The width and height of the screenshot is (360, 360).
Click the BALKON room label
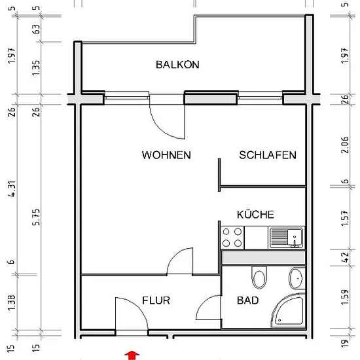(177, 65)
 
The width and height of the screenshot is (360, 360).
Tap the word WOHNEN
(166, 155)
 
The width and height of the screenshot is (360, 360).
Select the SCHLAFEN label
(268, 155)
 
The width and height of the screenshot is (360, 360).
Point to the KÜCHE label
(255, 215)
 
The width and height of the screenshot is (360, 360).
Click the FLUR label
(156, 300)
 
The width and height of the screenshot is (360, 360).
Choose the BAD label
(247, 300)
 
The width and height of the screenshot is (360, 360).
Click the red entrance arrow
(132, 355)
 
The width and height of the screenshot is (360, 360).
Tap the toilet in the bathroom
(259, 278)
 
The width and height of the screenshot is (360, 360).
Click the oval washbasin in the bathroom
(297, 278)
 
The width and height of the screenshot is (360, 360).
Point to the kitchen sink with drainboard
(286, 238)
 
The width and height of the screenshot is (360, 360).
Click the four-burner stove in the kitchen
(232, 238)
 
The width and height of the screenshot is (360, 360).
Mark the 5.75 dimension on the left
(36, 217)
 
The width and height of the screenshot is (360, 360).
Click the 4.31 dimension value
(12, 189)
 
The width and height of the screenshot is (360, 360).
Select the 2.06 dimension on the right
(344, 145)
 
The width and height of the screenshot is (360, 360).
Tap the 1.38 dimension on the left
(12, 302)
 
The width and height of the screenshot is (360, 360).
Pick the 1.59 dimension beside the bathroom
(344, 297)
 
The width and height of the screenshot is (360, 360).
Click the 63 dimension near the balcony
(36, 29)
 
